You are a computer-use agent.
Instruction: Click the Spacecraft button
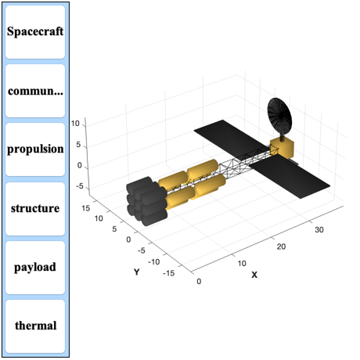35,32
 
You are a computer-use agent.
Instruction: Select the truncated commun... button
35,91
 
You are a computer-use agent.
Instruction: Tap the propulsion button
35,149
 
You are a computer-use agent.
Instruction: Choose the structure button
35,209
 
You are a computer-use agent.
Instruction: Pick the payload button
35,268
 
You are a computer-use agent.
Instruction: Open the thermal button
35,326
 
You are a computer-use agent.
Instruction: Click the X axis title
254,275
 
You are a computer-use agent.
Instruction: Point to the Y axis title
137,272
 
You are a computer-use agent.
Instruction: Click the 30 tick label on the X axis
319,229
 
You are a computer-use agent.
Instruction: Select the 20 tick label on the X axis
281,247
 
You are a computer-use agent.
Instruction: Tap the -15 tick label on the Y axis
168,273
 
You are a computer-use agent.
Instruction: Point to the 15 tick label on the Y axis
85,208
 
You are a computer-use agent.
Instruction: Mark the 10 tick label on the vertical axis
75,124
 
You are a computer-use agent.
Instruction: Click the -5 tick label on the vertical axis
79,186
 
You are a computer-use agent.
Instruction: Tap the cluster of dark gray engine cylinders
146,201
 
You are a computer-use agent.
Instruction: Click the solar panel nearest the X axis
290,177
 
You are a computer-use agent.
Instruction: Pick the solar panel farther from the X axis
229,137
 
